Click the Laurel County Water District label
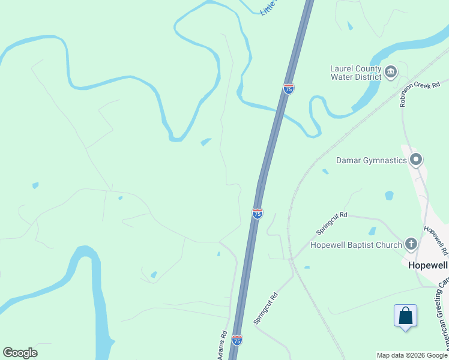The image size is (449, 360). pyautogui.click(x=355, y=73)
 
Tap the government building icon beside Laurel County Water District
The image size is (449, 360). pyautogui.click(x=391, y=73)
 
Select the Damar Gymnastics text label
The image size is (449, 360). pyautogui.click(x=370, y=160)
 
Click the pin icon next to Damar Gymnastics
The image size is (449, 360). pyautogui.click(x=416, y=160)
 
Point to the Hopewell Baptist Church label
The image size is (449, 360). pyautogui.click(x=356, y=245)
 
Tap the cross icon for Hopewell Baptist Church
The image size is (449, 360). pyautogui.click(x=411, y=244)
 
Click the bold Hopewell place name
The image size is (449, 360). pyautogui.click(x=427, y=264)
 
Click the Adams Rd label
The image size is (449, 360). pyautogui.click(x=223, y=346)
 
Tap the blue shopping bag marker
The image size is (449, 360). pyautogui.click(x=405, y=316)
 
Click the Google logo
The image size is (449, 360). pyautogui.click(x=20, y=353)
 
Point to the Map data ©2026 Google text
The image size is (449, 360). pyautogui.click(x=412, y=355)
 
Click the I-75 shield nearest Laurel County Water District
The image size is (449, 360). pyautogui.click(x=289, y=89)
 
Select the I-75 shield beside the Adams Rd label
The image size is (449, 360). pyautogui.click(x=237, y=340)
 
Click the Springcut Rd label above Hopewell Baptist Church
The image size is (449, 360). pyautogui.click(x=332, y=224)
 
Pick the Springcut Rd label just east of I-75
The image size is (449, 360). pyautogui.click(x=265, y=308)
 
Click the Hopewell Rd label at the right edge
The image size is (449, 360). pyautogui.click(x=435, y=238)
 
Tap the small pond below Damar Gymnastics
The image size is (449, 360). pyautogui.click(x=389, y=196)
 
